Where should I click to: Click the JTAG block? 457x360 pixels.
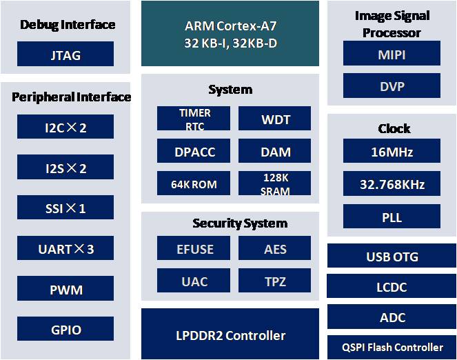pyautogui.click(x=65, y=54)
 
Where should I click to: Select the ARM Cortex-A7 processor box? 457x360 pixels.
pyautogui.click(x=230, y=33)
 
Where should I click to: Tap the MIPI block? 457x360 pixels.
pyautogui.click(x=392, y=53)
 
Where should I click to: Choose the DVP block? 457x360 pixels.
pyautogui.click(x=392, y=86)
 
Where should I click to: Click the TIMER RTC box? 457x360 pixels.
pyautogui.click(x=194, y=118)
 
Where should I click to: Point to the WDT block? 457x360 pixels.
pyautogui.click(x=274, y=118)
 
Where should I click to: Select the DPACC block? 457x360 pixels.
pyautogui.click(x=194, y=151)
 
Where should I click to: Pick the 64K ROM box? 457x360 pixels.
pyautogui.click(x=194, y=183)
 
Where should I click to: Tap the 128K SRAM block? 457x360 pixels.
pyautogui.click(x=274, y=183)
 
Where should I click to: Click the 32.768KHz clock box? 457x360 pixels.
pyautogui.click(x=392, y=183)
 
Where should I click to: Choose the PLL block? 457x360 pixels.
pyautogui.click(x=392, y=216)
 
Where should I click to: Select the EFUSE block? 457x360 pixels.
pyautogui.click(x=194, y=248)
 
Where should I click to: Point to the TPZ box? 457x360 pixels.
pyautogui.click(x=274, y=280)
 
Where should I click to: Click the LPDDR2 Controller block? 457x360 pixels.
pyautogui.click(x=230, y=334)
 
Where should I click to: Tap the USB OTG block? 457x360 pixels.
pyautogui.click(x=392, y=255)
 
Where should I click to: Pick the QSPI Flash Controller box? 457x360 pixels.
pyautogui.click(x=392, y=347)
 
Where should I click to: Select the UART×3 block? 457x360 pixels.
pyautogui.click(x=65, y=248)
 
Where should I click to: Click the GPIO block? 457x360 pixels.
pyautogui.click(x=65, y=328)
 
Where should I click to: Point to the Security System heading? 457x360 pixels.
pyautogui.click(x=240, y=223)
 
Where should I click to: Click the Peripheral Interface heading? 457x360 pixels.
pyautogui.click(x=71, y=97)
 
